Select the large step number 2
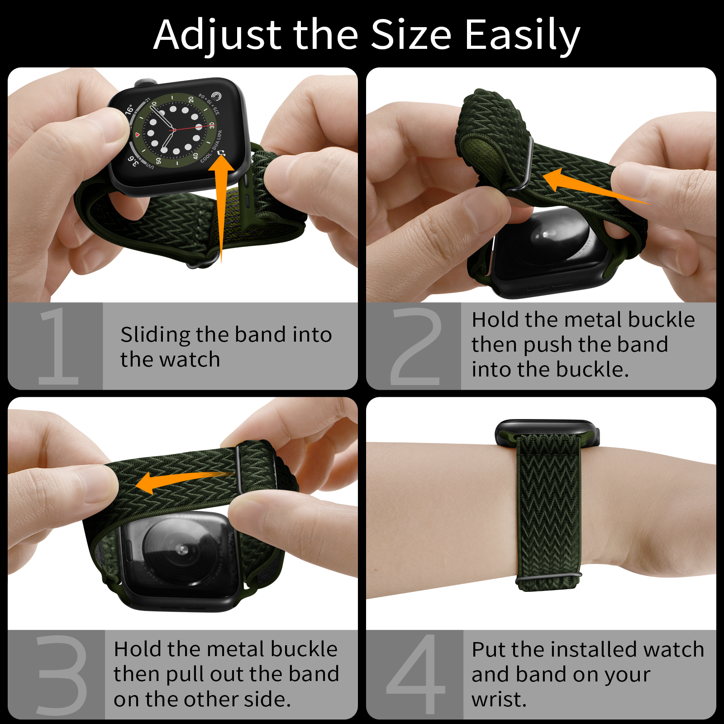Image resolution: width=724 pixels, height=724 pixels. [x=416, y=347]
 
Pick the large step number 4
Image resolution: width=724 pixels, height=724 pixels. [x=416, y=674]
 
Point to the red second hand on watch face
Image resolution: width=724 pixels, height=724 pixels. [x=188, y=128]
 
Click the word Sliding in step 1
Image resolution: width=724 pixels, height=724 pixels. [x=156, y=335]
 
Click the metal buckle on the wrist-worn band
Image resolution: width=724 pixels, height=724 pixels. [x=548, y=577]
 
